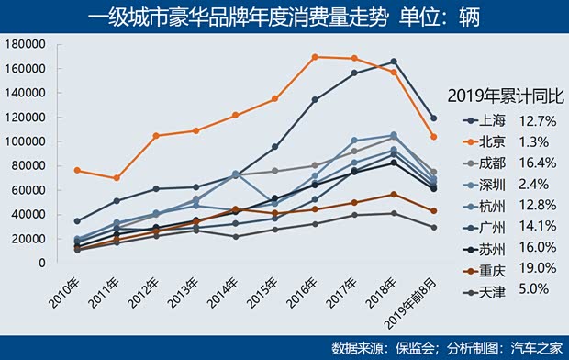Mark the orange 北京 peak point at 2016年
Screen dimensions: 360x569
(315, 57)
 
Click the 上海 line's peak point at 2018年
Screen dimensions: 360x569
(394, 62)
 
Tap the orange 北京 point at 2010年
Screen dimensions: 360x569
(77, 171)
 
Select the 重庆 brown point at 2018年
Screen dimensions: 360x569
(394, 195)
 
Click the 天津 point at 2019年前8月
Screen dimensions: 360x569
(433, 227)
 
